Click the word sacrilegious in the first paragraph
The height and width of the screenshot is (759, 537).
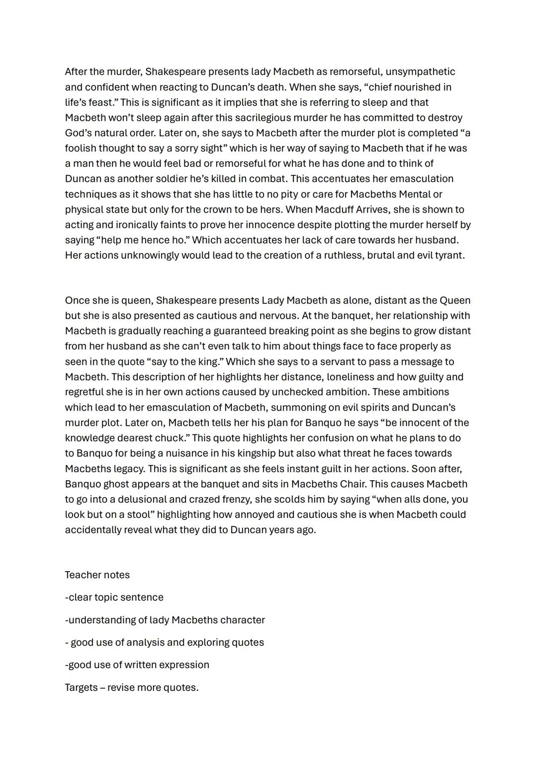[264, 118]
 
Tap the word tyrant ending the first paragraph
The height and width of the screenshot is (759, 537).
[448, 255]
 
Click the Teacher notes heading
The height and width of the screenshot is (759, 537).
[97, 575]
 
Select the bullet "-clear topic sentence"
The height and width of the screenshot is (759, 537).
[114, 597]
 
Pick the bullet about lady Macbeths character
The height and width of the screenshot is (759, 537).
[165, 620]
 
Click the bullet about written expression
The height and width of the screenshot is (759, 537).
[137, 665]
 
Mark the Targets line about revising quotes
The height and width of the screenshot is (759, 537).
[131, 688]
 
